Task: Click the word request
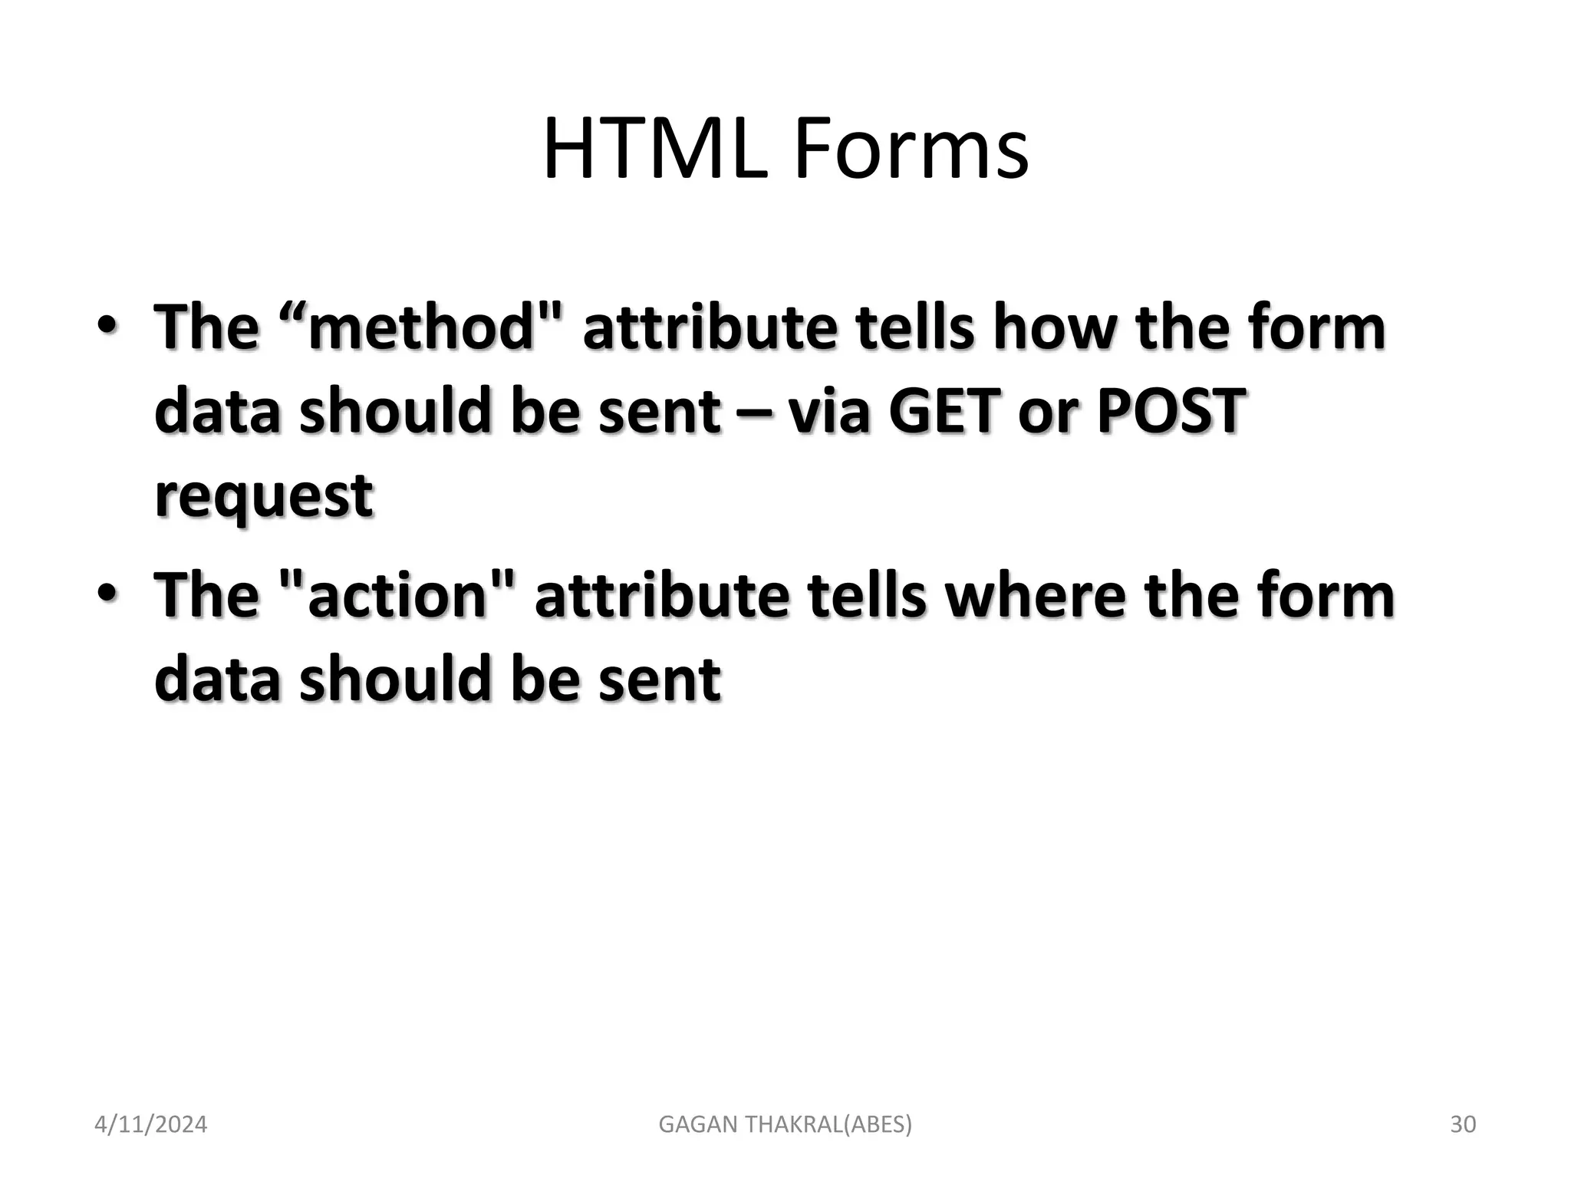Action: point(264,496)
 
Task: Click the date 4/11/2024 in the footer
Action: point(150,1124)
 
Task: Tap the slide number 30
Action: point(1463,1124)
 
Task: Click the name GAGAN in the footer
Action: point(695,1124)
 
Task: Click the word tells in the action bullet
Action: point(866,596)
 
